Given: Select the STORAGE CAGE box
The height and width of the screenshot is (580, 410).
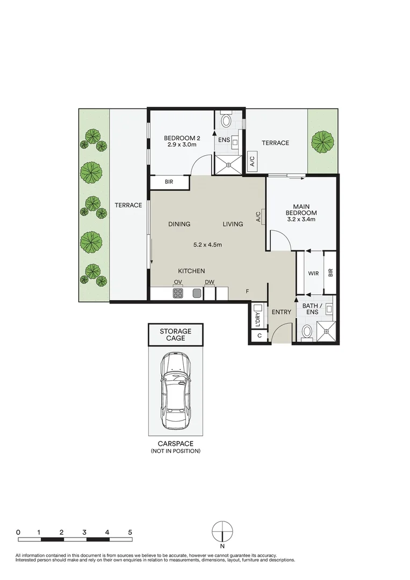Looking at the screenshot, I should coord(175,335).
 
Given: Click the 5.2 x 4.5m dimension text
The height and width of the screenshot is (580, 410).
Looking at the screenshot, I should coord(208,245).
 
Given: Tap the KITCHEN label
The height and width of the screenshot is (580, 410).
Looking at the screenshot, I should coord(191,271).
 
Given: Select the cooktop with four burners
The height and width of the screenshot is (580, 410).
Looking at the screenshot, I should coord(178,293).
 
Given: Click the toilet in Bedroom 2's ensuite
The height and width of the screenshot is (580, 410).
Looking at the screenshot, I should coord(226,120).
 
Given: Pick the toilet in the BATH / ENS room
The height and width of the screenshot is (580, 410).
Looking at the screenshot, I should coord(307,332).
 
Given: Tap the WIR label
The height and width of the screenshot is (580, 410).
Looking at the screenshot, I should coord(313,273).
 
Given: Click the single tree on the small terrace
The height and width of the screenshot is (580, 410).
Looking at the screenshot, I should coord(322,141).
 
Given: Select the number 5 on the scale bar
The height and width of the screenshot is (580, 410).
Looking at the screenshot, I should coord(130,532).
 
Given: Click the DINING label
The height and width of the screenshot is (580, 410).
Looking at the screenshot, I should coord(179,224).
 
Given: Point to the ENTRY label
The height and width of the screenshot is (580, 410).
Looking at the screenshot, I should coord(281,312).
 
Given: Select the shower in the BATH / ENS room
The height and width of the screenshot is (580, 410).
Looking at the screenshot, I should coord(327,330).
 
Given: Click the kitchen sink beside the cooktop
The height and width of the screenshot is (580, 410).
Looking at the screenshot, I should coord(197,293).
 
